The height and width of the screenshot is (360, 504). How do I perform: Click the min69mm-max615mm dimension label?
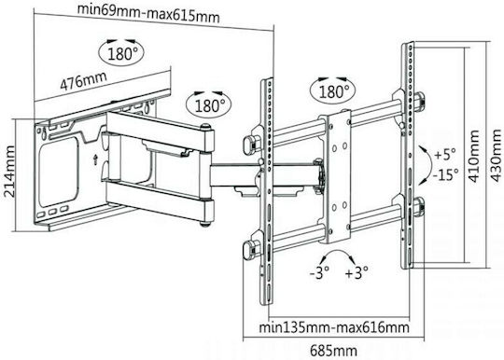(x=148, y=13)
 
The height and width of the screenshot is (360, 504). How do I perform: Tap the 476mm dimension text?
(x=84, y=81)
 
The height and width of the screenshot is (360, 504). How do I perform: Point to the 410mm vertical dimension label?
(x=474, y=156)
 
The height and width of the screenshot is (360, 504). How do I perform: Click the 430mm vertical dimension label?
(x=496, y=156)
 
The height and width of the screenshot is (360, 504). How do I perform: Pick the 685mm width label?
(x=333, y=351)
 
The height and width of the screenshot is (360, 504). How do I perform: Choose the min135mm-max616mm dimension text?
(x=334, y=327)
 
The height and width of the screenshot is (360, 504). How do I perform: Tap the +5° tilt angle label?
(x=445, y=154)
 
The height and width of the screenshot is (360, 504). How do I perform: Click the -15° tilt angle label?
(x=445, y=174)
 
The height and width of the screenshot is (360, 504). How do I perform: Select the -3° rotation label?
(x=319, y=273)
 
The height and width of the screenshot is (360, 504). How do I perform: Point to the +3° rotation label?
(x=357, y=273)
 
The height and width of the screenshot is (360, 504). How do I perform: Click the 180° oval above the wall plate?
(x=121, y=52)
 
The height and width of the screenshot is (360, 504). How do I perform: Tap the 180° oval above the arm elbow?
(x=209, y=104)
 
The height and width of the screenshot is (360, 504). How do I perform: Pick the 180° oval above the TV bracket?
(x=333, y=90)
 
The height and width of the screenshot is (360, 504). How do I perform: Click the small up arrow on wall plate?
(x=95, y=159)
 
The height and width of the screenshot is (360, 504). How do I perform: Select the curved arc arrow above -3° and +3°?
(x=338, y=252)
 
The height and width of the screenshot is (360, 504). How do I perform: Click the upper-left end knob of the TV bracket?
(x=250, y=144)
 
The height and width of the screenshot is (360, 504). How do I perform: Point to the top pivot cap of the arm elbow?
(x=205, y=127)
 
